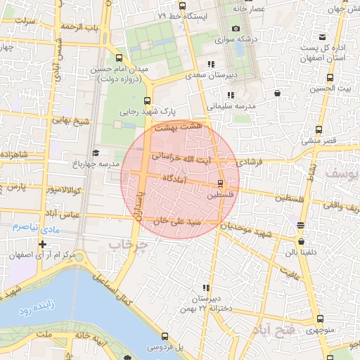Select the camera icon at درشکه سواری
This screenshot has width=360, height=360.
[x=236, y=29]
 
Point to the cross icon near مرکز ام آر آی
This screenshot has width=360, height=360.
[x=43, y=245]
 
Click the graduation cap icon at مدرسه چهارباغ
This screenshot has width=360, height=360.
[x=96, y=153]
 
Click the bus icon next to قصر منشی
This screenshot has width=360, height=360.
[x=320, y=130]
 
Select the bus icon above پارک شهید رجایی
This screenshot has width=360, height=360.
[x=147, y=101]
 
